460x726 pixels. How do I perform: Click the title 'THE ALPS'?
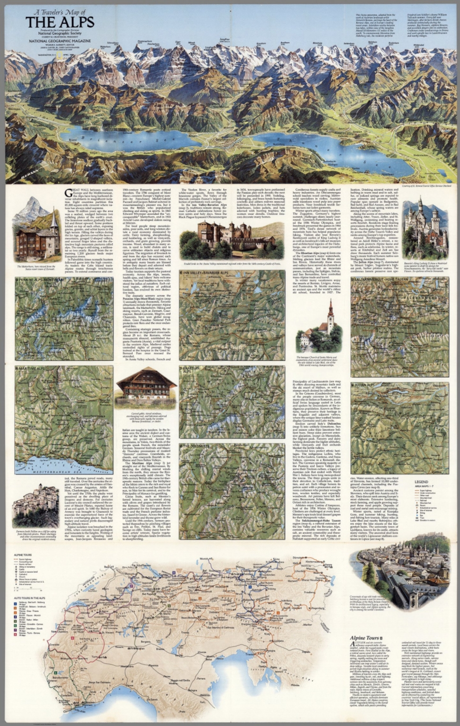[60, 22]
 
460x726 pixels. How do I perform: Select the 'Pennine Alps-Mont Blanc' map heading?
[42, 280]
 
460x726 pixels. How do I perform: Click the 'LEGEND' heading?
[421, 481]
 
